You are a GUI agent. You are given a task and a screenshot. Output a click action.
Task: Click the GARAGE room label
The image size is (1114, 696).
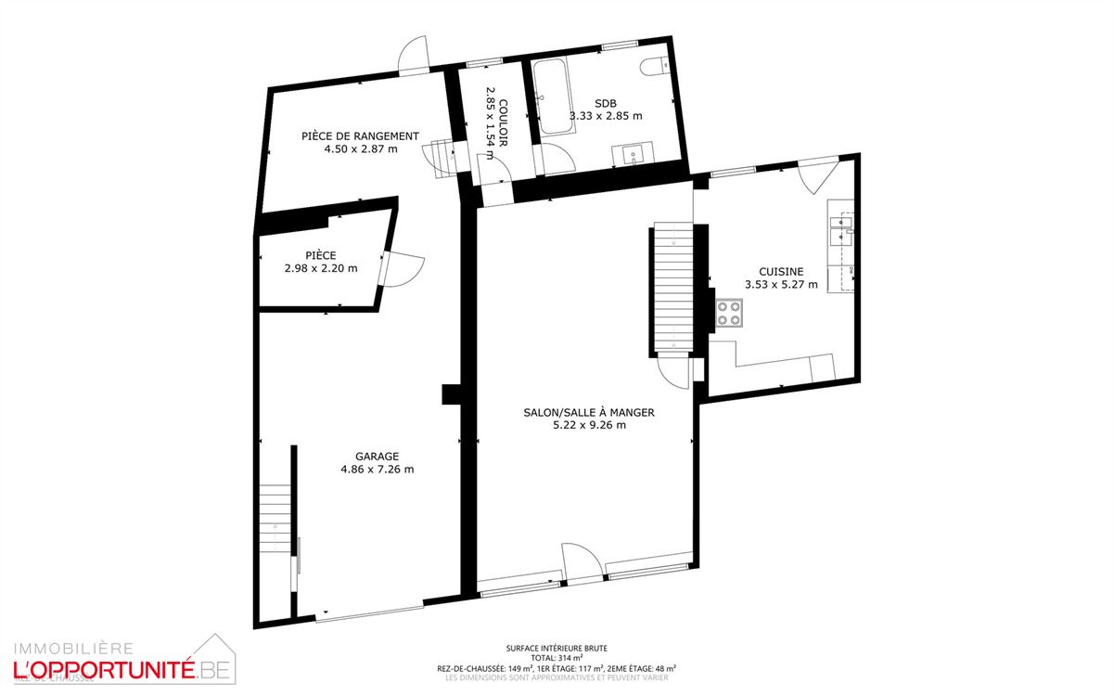click(377, 456)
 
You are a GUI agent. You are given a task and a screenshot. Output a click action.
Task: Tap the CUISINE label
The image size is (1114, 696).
click(781, 271)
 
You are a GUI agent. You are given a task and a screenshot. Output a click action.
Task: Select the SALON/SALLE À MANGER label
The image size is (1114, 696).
click(589, 412)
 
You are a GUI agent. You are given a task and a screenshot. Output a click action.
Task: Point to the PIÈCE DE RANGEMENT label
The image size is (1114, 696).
click(360, 135)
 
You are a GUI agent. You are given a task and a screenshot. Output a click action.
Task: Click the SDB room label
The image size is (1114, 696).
click(606, 103)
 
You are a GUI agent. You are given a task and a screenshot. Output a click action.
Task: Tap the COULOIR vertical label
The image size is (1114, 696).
click(502, 122)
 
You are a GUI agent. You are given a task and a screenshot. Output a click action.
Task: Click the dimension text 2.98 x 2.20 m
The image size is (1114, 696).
click(321, 268)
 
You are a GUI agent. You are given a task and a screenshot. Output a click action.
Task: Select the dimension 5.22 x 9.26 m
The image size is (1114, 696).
click(589, 425)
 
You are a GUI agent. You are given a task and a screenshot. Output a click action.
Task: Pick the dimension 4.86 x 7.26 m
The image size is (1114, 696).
click(377, 469)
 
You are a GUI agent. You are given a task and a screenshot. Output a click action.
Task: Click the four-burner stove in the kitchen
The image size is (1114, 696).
click(728, 312)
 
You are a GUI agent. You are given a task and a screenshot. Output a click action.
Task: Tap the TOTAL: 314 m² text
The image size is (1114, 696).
click(557, 658)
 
